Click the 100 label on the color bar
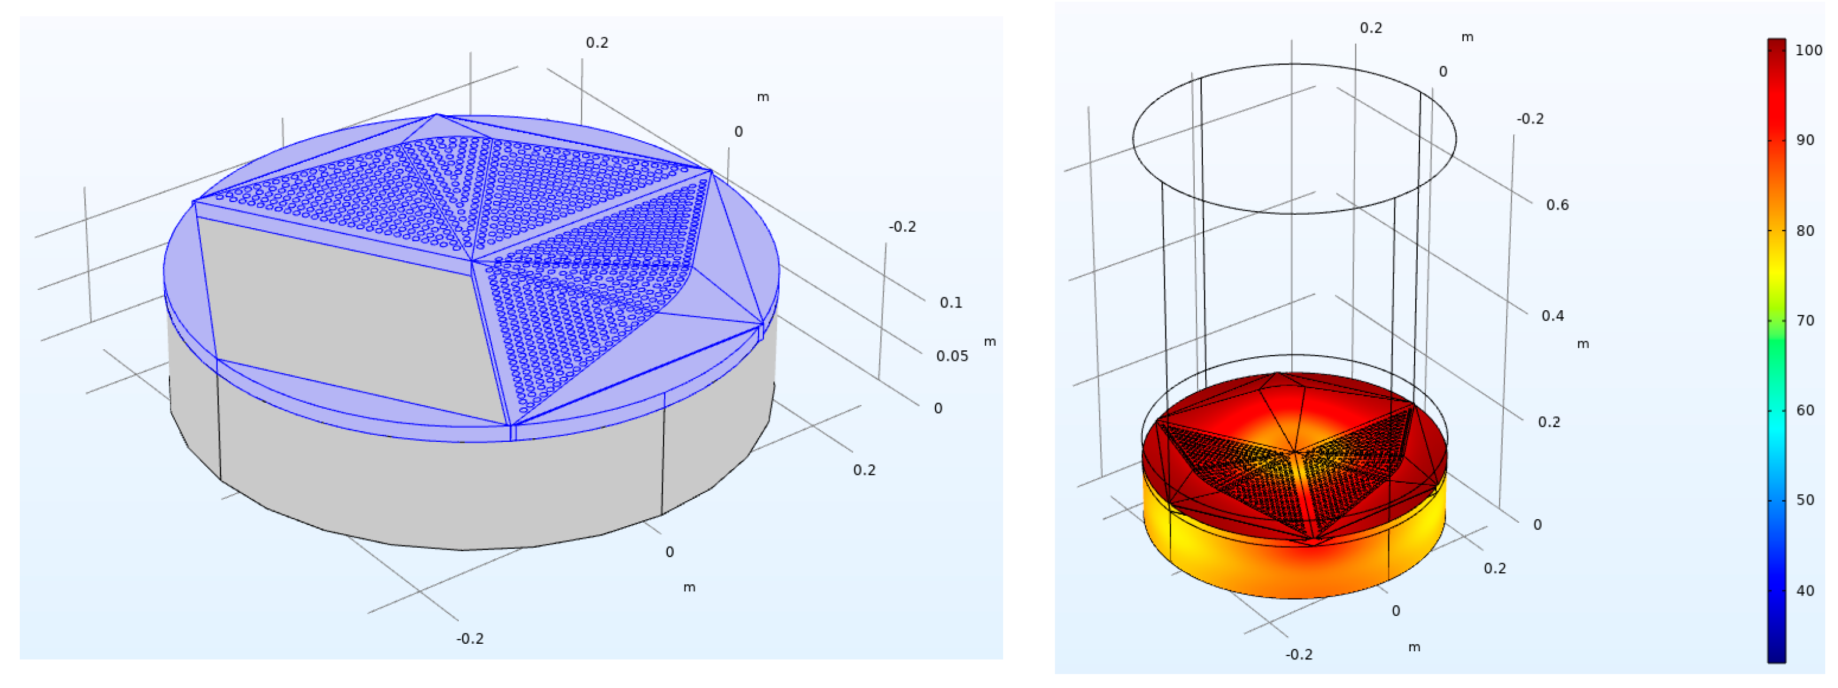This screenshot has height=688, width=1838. (1809, 50)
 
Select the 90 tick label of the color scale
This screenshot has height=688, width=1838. (1805, 140)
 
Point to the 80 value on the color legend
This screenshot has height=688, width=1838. (1805, 230)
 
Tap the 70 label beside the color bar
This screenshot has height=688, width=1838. (1805, 321)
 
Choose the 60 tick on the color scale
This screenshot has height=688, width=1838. (1805, 410)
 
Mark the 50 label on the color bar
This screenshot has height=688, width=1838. (1805, 501)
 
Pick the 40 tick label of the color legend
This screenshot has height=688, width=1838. (1805, 591)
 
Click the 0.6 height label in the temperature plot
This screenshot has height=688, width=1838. (1557, 205)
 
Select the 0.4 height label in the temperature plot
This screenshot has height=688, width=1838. (1553, 315)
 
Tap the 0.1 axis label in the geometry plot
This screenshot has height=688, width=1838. (950, 303)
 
